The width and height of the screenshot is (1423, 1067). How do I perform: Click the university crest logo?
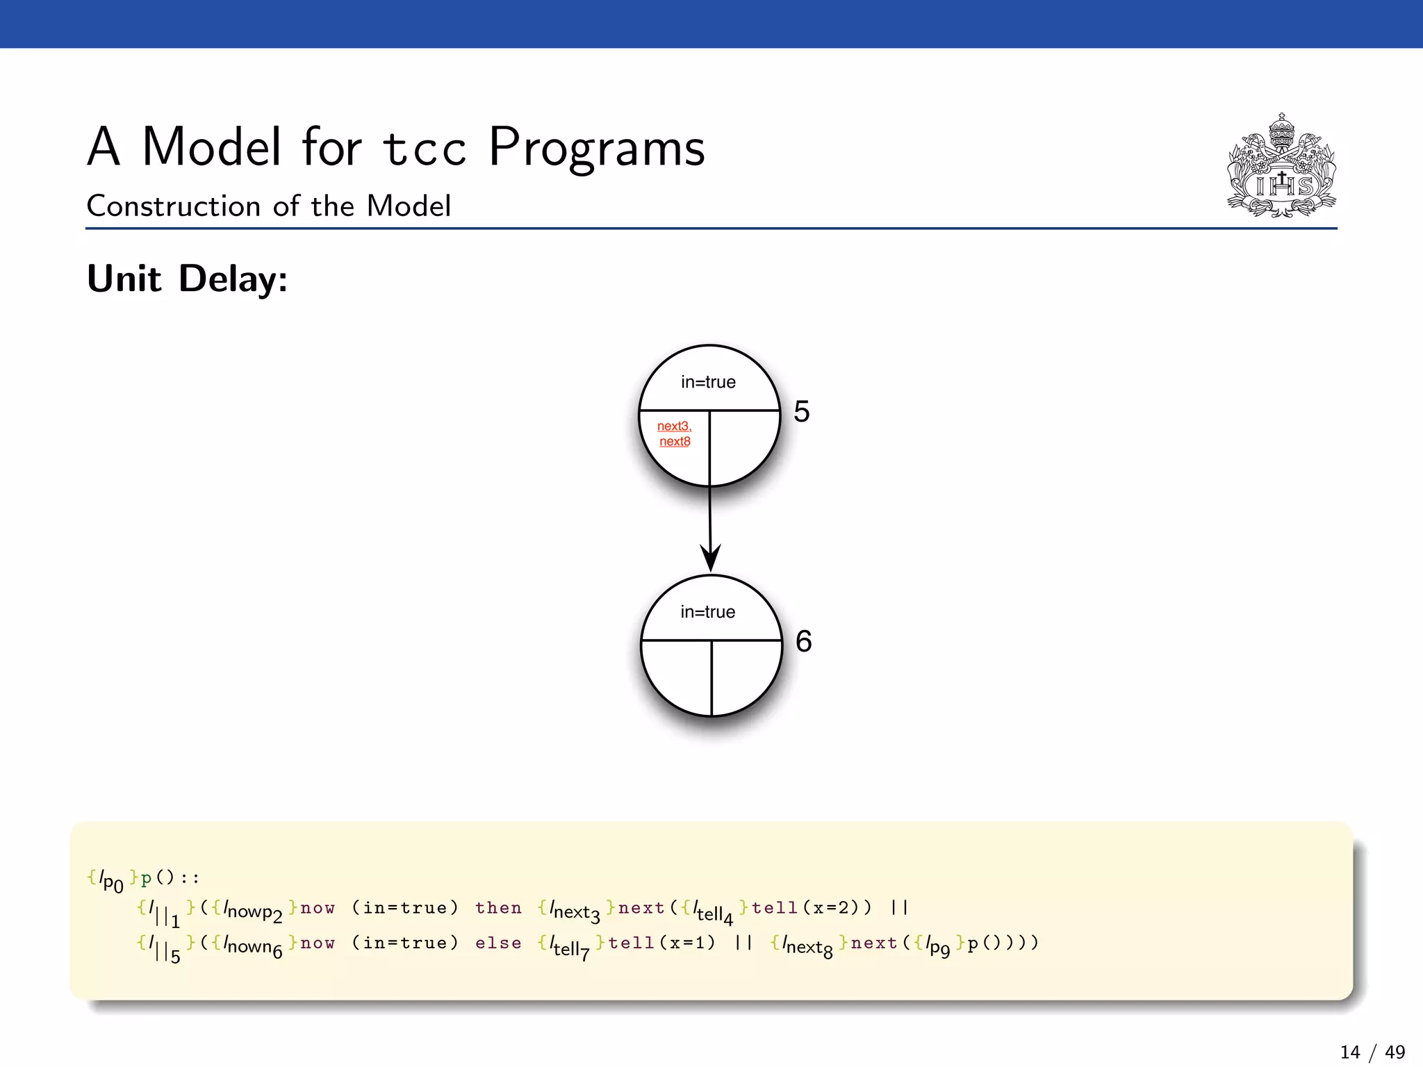(1281, 167)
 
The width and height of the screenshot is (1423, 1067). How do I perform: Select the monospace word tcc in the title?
(424, 149)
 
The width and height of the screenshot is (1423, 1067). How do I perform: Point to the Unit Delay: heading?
(187, 279)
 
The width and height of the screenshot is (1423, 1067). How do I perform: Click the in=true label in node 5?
(708, 382)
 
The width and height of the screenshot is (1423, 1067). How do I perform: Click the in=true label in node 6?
(707, 612)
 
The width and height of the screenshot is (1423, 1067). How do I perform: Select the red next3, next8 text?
(675, 434)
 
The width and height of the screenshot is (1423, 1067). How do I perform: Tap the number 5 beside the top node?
(802, 411)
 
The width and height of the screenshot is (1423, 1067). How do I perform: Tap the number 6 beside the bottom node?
(804, 641)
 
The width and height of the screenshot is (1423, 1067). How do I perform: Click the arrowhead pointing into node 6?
(710, 559)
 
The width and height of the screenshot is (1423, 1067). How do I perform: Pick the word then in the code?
(498, 908)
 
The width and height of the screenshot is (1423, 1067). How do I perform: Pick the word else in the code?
(498, 943)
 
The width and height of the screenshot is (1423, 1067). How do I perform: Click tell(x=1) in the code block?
(661, 943)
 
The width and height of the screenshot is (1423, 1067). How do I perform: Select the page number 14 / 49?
(1372, 1052)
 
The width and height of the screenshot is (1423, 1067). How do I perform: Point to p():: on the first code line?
(170, 878)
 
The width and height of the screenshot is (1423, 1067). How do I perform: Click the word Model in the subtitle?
(409, 206)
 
